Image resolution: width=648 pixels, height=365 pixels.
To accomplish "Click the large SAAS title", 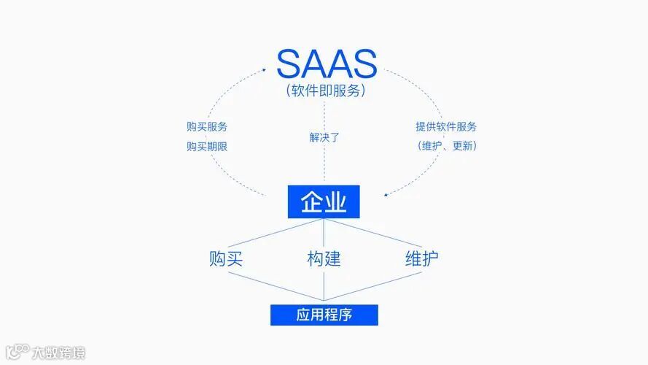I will [x=326, y=64].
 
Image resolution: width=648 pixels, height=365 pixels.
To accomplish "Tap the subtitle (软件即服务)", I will [x=326, y=91].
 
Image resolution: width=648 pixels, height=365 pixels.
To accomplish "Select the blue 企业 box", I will [x=324, y=201].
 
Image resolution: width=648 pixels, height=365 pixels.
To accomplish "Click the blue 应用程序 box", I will [x=324, y=315].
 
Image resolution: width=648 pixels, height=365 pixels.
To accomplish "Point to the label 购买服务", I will [x=206, y=126].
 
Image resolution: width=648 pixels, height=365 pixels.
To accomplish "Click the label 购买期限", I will [x=206, y=146].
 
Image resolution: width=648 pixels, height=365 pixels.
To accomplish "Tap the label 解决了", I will [x=324, y=137].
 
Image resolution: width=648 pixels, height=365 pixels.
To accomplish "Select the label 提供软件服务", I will [x=446, y=126].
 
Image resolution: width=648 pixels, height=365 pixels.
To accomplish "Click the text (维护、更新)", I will [x=446, y=145].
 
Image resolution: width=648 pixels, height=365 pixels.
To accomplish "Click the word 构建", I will [x=324, y=258].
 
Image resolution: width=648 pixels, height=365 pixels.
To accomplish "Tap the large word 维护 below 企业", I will [x=421, y=258].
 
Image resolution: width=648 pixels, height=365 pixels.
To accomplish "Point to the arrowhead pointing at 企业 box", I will [x=386, y=195].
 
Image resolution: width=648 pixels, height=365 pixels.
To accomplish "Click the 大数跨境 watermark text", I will [x=58, y=353].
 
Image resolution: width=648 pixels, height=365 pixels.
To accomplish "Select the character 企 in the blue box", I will [x=311, y=201].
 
